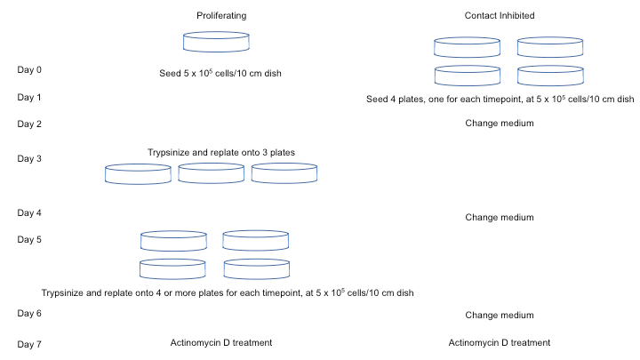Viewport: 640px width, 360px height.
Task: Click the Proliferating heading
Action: click(220, 16)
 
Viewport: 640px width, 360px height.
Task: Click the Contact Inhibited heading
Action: click(499, 16)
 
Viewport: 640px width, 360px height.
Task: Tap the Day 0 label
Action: click(30, 68)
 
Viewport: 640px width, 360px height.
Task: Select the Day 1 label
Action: click(30, 97)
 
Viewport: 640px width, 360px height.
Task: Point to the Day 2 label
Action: click(30, 124)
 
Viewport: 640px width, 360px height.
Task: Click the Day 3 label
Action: click(30, 158)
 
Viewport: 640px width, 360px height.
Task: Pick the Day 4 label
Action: click(30, 213)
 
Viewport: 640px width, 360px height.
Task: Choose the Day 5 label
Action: click(30, 239)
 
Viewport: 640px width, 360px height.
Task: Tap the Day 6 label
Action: click(30, 314)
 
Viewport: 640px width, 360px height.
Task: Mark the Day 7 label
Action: click(30, 343)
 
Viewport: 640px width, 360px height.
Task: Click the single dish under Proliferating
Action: click(217, 42)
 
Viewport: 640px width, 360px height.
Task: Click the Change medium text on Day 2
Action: click(499, 124)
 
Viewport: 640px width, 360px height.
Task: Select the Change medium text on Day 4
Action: click(499, 217)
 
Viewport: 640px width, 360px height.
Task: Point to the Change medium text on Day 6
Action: click(499, 315)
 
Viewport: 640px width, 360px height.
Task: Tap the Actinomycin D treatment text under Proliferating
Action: click(220, 342)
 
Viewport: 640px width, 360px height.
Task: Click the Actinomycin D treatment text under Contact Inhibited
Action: click(499, 342)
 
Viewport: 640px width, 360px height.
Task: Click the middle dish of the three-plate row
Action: click(211, 173)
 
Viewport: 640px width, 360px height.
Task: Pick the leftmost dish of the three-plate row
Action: click(138, 173)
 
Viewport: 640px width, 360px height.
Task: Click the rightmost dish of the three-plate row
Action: click(284, 173)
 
